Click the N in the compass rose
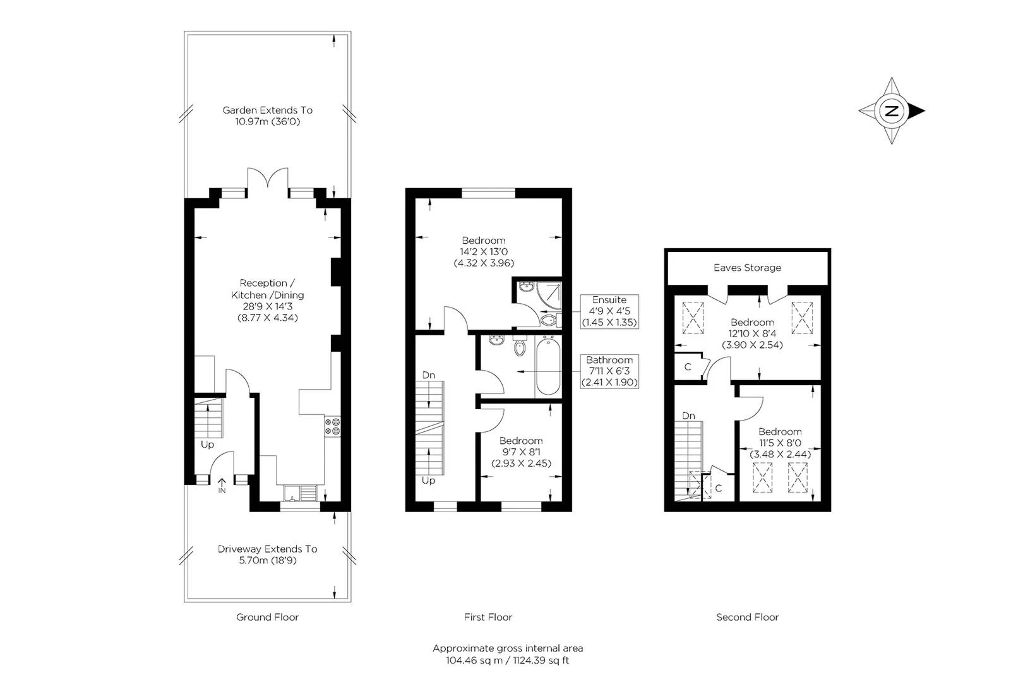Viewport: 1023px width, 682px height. (891, 111)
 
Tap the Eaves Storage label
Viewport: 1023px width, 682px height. (747, 268)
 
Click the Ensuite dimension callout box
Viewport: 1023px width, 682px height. (609, 311)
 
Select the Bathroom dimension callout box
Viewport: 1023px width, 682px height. (609, 371)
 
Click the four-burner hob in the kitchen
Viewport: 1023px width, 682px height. (332, 427)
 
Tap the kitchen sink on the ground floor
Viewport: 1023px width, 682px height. (300, 493)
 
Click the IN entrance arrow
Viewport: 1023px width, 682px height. (222, 486)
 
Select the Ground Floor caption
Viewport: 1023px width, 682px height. (267, 617)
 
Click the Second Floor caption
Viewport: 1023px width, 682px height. (747, 617)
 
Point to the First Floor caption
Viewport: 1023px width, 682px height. (488, 617)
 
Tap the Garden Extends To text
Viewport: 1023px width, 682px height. (268, 110)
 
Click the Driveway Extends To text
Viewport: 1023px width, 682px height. (268, 549)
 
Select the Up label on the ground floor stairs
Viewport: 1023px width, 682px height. (207, 445)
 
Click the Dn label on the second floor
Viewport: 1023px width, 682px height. (689, 416)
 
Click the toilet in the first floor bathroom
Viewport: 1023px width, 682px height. (520, 346)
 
